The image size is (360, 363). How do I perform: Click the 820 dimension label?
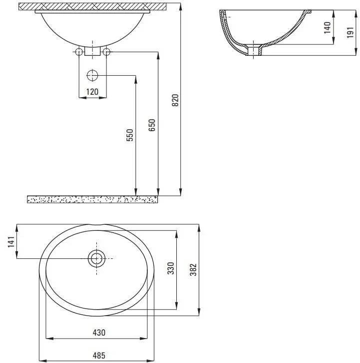click(x=175, y=100)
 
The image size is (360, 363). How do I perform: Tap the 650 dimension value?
click(x=152, y=125)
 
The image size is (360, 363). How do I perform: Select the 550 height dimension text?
click(x=130, y=135)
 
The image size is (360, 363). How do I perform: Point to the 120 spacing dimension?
click(x=92, y=92)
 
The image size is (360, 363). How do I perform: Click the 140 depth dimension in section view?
click(x=327, y=27)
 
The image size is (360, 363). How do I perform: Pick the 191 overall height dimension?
click(x=350, y=32)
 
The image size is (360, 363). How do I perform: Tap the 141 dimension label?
click(x=11, y=242)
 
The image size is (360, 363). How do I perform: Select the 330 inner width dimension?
click(x=171, y=268)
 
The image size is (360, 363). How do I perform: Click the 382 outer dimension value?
click(x=193, y=269)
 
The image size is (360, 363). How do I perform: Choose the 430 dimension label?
click(x=99, y=333)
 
